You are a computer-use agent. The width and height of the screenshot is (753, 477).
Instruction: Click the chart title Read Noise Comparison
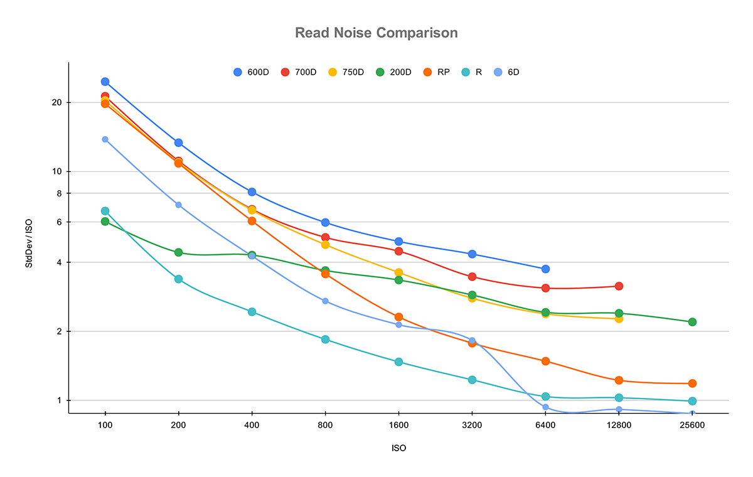376,33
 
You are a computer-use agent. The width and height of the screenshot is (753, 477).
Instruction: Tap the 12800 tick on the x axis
619,424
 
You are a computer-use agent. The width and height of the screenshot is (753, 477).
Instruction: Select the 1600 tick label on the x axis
398,424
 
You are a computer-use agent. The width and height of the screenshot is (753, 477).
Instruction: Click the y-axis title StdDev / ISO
29,238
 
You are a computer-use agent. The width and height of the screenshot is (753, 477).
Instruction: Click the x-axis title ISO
398,448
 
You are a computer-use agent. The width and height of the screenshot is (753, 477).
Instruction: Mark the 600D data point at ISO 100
105,82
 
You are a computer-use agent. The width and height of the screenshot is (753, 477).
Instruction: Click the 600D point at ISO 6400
545,269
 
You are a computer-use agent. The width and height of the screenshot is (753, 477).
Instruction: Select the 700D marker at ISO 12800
619,286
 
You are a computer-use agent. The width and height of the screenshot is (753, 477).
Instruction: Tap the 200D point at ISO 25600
692,322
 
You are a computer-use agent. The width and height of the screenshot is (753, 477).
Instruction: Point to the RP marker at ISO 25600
692,383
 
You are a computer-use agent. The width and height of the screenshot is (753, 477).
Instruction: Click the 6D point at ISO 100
105,139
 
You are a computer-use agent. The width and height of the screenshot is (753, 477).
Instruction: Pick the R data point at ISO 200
178,279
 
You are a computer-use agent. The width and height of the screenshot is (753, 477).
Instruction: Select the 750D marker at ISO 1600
398,272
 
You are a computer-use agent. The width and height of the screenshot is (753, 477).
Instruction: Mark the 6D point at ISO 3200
472,341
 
